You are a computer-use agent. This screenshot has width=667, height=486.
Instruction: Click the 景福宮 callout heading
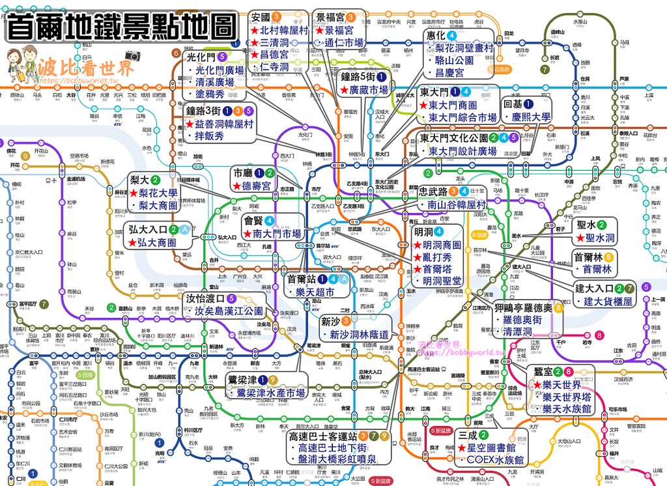330,18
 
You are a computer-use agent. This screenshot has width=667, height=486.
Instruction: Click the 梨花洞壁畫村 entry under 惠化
464,48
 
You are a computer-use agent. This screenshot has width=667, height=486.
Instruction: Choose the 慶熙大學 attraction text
531,117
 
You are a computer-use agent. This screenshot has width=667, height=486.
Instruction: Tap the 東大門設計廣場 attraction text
462,150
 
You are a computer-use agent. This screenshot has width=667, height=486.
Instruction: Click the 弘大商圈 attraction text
157,242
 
